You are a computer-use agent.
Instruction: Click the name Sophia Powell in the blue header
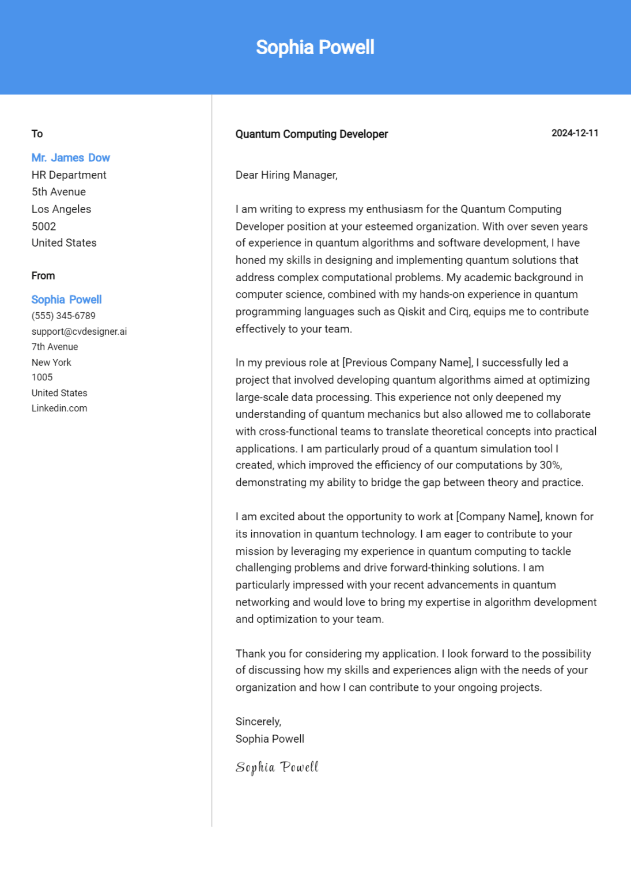[x=315, y=47]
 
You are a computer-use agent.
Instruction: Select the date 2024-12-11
[x=575, y=133]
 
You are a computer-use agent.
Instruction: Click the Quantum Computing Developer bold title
[x=311, y=134]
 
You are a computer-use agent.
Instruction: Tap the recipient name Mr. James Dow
[x=70, y=158]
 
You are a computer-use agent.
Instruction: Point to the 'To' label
[x=37, y=134]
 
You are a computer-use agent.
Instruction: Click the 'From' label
[x=43, y=276]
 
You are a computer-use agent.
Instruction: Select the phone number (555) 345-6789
[x=63, y=316]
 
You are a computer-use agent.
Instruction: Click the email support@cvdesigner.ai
[x=79, y=331]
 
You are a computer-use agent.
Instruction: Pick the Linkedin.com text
[x=59, y=408]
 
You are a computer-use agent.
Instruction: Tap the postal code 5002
[x=44, y=226]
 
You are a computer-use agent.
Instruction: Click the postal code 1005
[x=42, y=377]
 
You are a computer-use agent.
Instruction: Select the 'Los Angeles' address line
[x=61, y=209]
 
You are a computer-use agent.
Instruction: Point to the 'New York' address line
[x=51, y=362]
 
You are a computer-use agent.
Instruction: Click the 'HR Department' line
[x=69, y=175]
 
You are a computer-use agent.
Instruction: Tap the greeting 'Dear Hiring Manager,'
[x=286, y=175]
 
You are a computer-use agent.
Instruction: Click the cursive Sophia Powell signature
[x=277, y=767]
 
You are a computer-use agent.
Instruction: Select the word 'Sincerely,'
[x=258, y=721]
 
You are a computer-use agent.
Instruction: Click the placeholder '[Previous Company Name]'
[x=407, y=363]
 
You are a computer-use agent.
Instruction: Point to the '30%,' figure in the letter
[x=550, y=465]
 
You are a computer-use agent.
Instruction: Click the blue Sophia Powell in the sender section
[x=66, y=300]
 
